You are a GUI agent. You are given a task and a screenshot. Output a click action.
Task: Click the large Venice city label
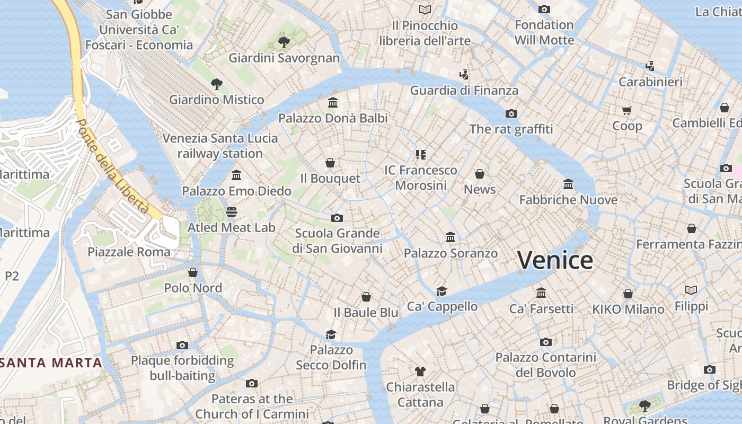click(x=555, y=260)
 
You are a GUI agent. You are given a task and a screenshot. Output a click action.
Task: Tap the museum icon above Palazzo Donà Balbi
click(x=333, y=102)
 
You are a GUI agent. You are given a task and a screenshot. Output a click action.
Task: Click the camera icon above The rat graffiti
click(x=511, y=113)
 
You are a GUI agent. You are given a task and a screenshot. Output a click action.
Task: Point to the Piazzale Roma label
click(x=129, y=252)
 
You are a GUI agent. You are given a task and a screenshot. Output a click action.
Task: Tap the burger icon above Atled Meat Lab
click(x=231, y=212)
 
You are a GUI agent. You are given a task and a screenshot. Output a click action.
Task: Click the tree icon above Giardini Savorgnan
click(x=284, y=42)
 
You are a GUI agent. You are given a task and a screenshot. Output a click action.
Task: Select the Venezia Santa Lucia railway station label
click(x=220, y=146)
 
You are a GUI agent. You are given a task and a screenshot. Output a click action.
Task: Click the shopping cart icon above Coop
click(x=627, y=110)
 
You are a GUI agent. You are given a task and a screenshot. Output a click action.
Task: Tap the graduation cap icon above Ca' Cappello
click(x=441, y=291)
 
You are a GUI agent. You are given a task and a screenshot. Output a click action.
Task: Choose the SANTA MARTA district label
click(x=51, y=363)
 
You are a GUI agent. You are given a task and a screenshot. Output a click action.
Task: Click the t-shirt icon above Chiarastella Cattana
click(x=420, y=371)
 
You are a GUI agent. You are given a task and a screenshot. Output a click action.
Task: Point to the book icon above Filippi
click(x=691, y=290)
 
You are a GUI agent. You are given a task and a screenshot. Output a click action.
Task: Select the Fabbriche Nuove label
click(x=568, y=200)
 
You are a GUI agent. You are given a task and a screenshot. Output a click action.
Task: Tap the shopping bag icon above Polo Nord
click(x=193, y=272)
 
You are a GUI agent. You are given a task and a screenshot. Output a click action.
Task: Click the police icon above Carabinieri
click(x=650, y=66)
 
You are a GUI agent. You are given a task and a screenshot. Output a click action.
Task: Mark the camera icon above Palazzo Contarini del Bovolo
click(x=545, y=342)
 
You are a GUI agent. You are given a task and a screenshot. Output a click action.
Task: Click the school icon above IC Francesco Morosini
click(x=420, y=155)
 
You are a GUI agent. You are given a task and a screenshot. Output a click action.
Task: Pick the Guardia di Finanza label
click(x=464, y=91)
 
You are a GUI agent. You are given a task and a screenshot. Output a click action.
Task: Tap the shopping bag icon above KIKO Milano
click(x=628, y=294)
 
